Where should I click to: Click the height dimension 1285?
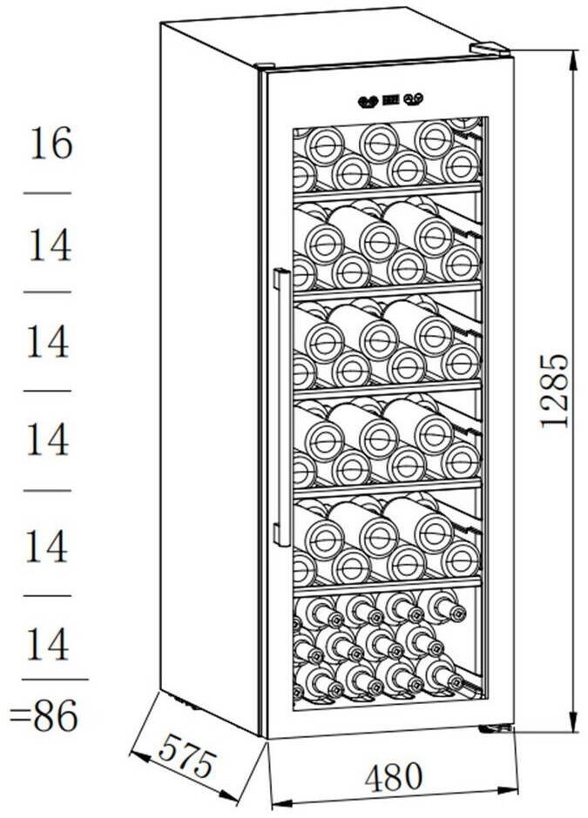(554, 389)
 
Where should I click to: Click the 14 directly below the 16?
(49, 245)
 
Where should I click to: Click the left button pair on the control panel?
(366, 101)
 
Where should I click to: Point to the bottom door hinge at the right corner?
(495, 729)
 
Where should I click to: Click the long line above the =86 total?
(54, 680)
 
